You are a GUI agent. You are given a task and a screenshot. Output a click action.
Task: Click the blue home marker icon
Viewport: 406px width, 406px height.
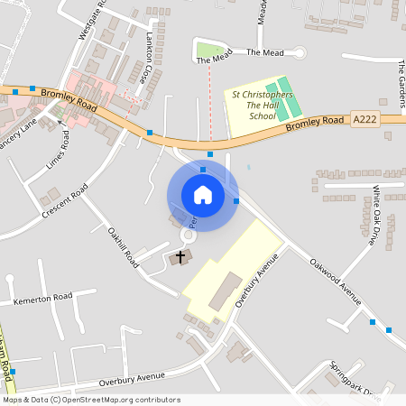203,195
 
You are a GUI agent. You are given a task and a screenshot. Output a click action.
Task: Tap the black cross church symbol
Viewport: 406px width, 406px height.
180,257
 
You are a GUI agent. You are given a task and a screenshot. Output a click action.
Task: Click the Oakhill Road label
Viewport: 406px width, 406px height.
123,246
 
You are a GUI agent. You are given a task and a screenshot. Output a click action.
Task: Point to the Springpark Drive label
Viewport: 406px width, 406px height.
355,380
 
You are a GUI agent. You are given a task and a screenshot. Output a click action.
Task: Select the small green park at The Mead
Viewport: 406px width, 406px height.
208,50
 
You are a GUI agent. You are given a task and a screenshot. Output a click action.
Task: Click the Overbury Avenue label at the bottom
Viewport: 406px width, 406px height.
134,377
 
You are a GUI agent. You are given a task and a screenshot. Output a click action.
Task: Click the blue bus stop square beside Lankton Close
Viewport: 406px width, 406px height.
150,133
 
